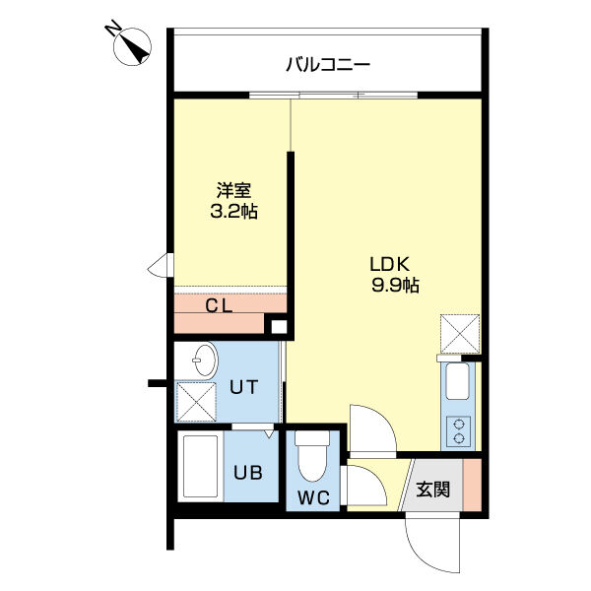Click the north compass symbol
132,44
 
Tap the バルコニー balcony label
328,66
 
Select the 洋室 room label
233,191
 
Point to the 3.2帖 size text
233,212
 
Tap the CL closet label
219,304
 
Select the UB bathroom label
246,471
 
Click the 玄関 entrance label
432,489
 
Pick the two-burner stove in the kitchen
460,429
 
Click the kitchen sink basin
459,383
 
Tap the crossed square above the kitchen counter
459,334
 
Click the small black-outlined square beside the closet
278,328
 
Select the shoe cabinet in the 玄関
473,485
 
